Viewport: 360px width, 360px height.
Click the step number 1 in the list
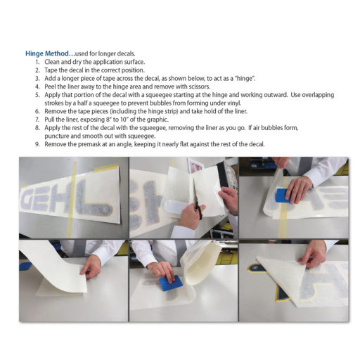pos(38,61)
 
